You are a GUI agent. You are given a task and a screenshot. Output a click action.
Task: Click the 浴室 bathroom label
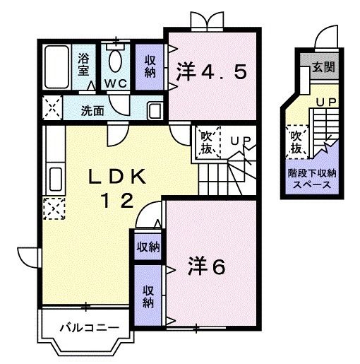pyautogui.click(x=84, y=64)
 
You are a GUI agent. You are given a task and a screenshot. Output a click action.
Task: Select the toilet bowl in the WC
pyautogui.click(x=116, y=62)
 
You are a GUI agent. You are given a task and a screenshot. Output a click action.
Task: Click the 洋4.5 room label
pyautogui.click(x=211, y=72)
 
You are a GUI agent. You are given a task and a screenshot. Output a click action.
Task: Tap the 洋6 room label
pyautogui.click(x=206, y=266)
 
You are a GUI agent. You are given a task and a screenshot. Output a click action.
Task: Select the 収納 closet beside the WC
pyautogui.click(x=150, y=66)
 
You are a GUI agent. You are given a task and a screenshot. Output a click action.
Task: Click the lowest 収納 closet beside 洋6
pyautogui.click(x=149, y=295)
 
